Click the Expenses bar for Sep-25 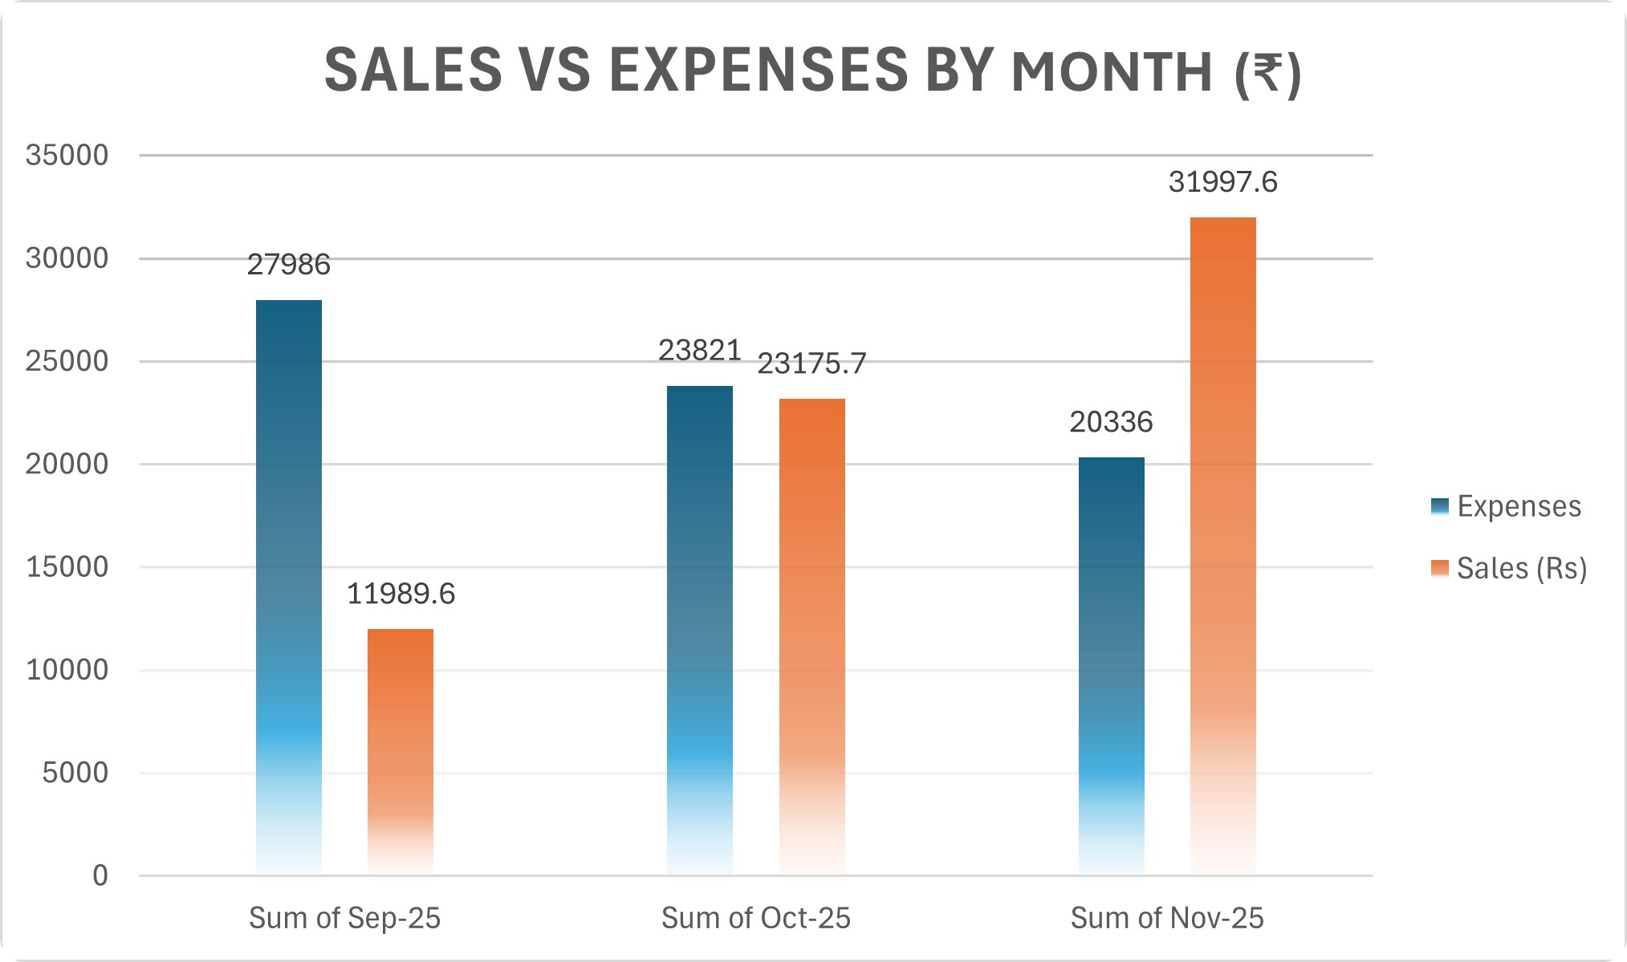(x=289, y=586)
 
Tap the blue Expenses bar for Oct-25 (x=700, y=630)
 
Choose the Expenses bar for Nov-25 (x=1111, y=666)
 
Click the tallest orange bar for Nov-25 (x=1222, y=546)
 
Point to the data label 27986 (x=289, y=265)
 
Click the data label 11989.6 (x=401, y=595)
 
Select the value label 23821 (x=700, y=351)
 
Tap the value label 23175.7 (x=811, y=364)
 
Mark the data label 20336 (x=1111, y=422)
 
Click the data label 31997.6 (x=1222, y=183)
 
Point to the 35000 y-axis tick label (x=67, y=156)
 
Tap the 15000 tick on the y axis (x=67, y=567)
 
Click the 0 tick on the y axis (x=100, y=875)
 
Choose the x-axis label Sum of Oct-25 (x=755, y=918)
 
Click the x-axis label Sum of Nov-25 (x=1167, y=918)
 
